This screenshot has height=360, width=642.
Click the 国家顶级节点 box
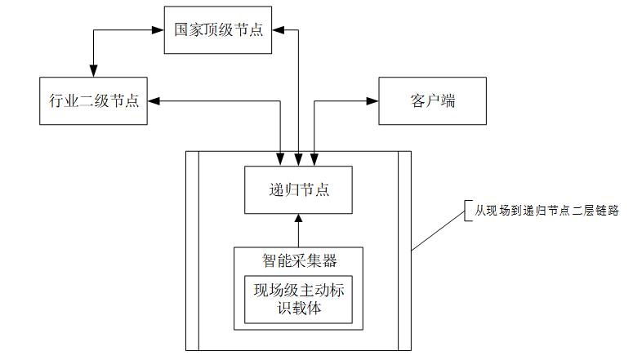(x=218, y=29)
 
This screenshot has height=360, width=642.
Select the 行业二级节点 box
(x=93, y=101)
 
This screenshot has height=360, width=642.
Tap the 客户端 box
(x=432, y=101)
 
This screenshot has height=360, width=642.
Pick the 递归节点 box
(x=299, y=190)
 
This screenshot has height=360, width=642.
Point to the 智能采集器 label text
(x=299, y=260)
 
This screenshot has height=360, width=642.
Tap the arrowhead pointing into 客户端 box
(x=373, y=101)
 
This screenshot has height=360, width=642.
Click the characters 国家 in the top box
(x=189, y=29)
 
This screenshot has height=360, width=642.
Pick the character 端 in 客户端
(x=448, y=101)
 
